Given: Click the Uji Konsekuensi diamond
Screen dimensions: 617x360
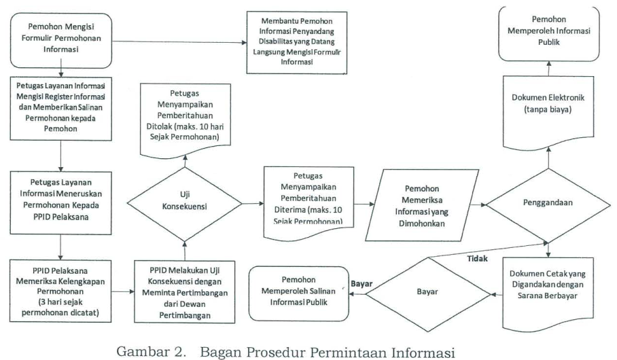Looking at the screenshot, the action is (x=185, y=204).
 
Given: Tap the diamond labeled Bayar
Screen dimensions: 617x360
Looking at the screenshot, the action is (x=428, y=294).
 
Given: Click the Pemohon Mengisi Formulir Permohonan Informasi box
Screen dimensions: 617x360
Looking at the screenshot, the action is (x=61, y=41).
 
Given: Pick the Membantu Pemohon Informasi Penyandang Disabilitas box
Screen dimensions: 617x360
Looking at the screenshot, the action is (x=297, y=43).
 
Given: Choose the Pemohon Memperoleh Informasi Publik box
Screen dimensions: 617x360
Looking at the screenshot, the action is (x=549, y=33).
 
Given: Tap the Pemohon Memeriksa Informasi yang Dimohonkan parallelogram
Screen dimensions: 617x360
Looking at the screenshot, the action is (x=422, y=205).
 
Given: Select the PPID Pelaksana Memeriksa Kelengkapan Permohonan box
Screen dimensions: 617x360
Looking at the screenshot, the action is (x=60, y=291).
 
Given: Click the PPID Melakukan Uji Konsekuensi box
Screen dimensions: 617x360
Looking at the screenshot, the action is (x=185, y=292).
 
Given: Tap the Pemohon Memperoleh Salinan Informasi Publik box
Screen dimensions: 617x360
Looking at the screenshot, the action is (x=299, y=293).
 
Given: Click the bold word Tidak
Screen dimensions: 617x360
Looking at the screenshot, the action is (x=477, y=259).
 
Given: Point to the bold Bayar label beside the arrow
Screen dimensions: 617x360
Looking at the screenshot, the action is (x=362, y=284).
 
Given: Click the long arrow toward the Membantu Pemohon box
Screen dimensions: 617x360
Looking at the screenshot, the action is (x=179, y=42).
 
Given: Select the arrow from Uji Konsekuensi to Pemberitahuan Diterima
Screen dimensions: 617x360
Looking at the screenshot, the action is (x=253, y=203).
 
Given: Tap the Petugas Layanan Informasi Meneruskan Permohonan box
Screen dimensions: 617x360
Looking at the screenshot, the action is (x=60, y=203).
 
